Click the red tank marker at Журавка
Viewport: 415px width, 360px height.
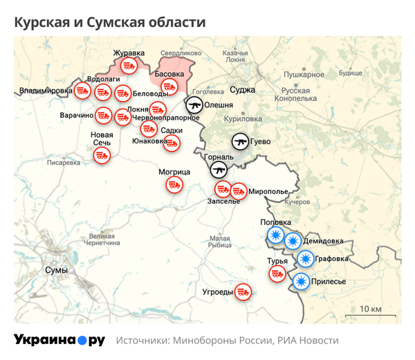click(128, 66)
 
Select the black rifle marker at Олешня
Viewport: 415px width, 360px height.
click(194, 105)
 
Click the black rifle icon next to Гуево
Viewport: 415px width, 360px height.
click(240, 142)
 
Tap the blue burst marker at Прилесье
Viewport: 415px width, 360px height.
click(301, 282)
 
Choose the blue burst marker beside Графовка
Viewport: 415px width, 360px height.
click(305, 259)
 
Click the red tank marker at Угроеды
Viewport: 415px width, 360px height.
click(243, 292)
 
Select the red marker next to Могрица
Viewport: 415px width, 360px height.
click(174, 185)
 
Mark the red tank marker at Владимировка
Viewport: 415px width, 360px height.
click(82, 90)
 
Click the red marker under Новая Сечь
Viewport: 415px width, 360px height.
click(102, 155)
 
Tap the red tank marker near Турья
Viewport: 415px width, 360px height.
click(277, 273)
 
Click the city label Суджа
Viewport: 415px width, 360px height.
click(243, 89)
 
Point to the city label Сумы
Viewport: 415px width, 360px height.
click(55, 269)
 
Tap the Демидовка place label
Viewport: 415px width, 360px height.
click(323, 240)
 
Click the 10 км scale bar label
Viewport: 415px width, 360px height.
click(371, 308)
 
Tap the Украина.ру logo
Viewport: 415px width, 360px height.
click(59, 340)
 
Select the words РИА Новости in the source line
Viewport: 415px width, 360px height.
click(308, 341)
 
